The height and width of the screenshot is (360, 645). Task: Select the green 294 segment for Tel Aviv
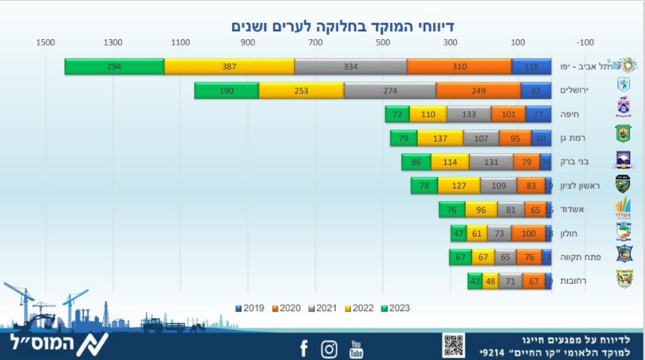[114, 67]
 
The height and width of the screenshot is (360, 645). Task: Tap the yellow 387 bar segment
[229, 67]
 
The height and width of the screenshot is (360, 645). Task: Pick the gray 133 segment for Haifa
[469, 114]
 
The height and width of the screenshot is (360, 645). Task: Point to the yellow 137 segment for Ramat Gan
[440, 138]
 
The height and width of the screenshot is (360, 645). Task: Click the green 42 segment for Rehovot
[474, 280]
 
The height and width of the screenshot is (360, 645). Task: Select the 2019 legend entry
[251, 307]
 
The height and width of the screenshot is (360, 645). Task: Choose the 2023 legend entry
[394, 307]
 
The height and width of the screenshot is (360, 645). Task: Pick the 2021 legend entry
[323, 307]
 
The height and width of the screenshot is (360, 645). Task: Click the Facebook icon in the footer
[304, 347]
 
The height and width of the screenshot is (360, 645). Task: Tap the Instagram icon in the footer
[329, 347]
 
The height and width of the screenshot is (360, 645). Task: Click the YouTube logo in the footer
[357, 347]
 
